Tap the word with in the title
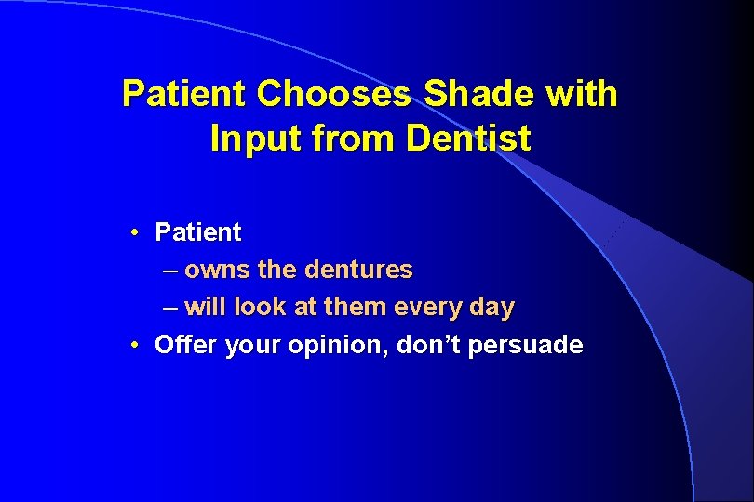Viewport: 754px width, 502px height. click(x=583, y=94)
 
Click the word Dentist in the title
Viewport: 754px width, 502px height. click(x=468, y=139)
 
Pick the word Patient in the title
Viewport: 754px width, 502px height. click(x=184, y=94)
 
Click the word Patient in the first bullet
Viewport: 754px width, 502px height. click(x=197, y=231)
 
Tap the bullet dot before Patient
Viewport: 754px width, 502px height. click(x=136, y=231)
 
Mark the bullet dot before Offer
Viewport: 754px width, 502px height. click(x=136, y=346)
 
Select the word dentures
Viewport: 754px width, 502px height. click(x=358, y=271)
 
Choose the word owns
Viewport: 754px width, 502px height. click(x=217, y=271)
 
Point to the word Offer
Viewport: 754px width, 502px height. click(x=183, y=346)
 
